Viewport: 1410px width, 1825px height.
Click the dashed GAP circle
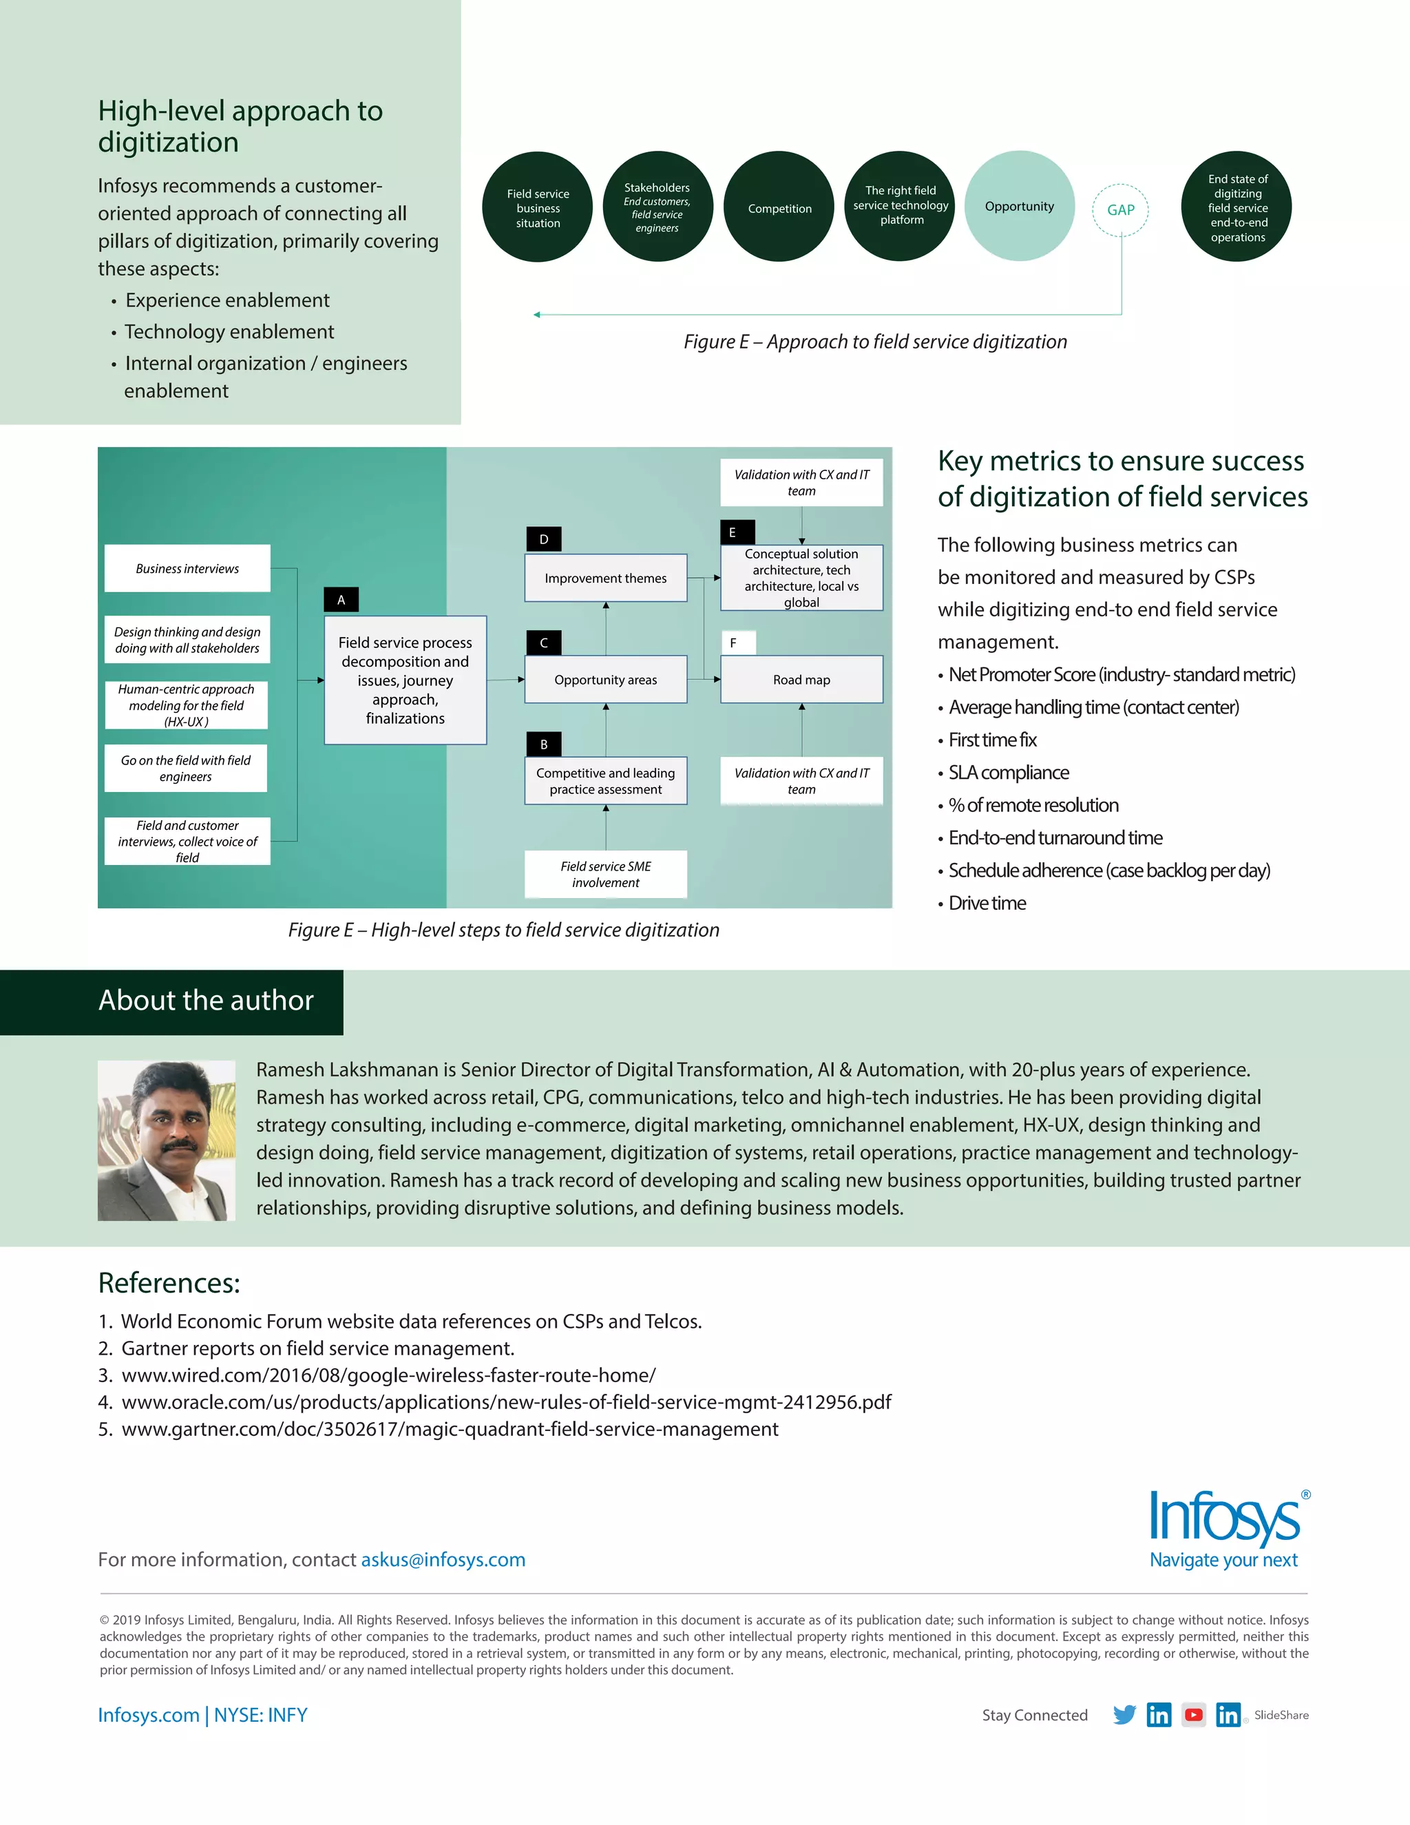[1120, 210]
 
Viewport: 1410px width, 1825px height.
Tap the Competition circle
[779, 207]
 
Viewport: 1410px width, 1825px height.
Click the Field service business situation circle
[537, 207]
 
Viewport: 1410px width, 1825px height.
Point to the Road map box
[801, 679]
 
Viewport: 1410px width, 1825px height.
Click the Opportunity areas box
[606, 679]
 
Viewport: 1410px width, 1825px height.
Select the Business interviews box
[187, 568]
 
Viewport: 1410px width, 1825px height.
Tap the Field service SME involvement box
[606, 874]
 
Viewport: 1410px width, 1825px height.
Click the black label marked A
[341, 599]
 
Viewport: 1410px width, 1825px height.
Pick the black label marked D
[544, 539]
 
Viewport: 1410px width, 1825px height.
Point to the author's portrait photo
[166, 1140]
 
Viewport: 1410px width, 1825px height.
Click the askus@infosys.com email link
[443, 1559]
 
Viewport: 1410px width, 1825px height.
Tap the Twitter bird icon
[1124, 1715]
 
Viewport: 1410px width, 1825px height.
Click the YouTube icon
[1194, 1715]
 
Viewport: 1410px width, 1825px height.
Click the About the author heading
[205, 1000]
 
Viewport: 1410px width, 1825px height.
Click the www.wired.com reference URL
[388, 1375]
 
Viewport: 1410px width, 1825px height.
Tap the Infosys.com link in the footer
[149, 1715]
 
